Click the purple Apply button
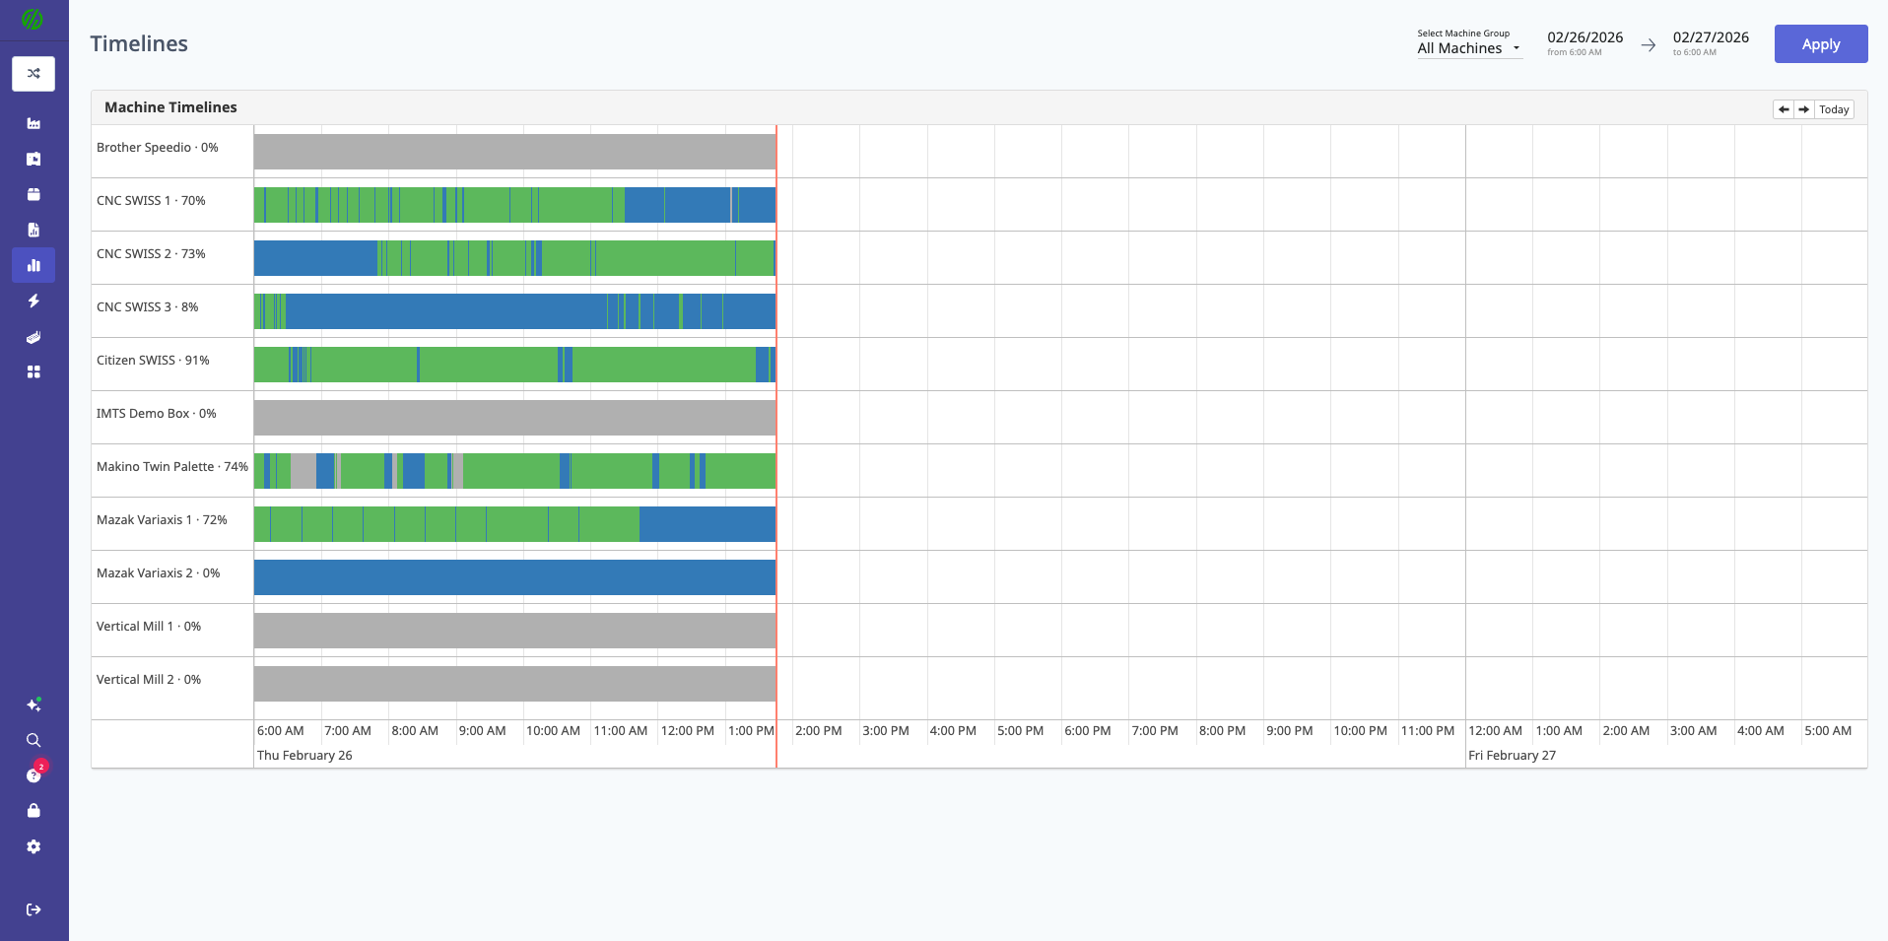coord(1820,44)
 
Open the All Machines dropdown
coord(1468,48)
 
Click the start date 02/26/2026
coord(1585,38)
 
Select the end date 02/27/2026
coord(1711,38)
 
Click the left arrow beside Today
coord(1784,109)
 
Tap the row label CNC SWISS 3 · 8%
coord(148,307)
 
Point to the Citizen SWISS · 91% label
coord(153,361)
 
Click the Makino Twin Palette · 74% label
coord(172,467)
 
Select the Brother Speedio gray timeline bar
coord(514,152)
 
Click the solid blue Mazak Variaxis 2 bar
coord(514,577)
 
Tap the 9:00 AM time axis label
coord(483,731)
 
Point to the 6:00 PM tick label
coord(1088,731)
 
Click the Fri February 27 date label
coord(1512,756)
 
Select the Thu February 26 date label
coord(304,756)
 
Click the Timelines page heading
coord(139,44)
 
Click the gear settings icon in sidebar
coord(34,847)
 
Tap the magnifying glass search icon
coord(34,740)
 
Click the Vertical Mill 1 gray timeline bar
coord(514,631)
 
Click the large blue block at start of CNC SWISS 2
coord(315,258)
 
